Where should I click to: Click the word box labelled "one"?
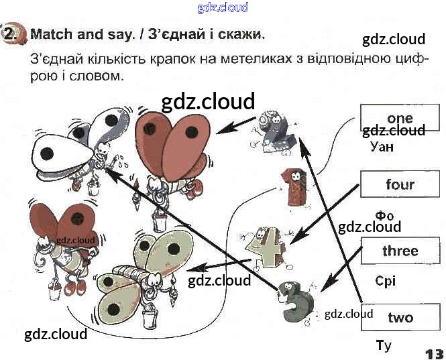400,119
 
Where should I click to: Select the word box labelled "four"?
400,184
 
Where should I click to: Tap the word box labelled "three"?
400,251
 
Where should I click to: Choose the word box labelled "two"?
400,317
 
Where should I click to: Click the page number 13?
433,353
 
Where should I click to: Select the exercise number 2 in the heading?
11,34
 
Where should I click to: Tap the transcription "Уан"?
381,146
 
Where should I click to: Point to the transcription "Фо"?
384,216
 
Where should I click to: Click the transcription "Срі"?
386,281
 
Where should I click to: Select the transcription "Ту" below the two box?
384,346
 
